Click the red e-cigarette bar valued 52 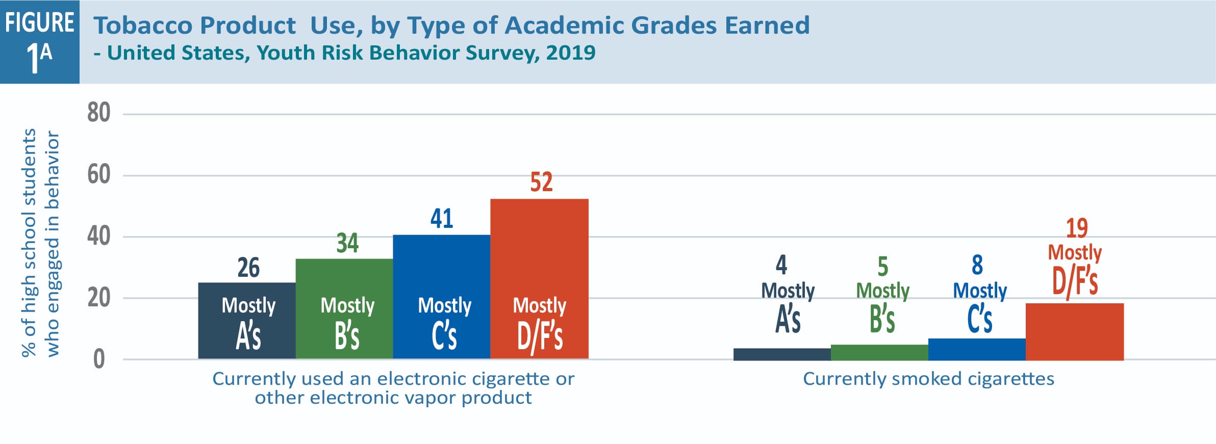[539, 278]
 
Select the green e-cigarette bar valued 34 [344, 308]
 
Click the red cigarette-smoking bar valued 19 [1074, 331]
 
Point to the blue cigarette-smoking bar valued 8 [977, 349]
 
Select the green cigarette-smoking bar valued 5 [879, 352]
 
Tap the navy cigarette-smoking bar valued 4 [782, 354]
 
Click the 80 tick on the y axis [98, 113]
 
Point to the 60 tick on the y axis [98, 174]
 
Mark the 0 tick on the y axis [98, 359]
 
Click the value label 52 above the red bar [541, 182]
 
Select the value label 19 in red [1076, 228]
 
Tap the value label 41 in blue [441, 219]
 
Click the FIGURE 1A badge [40, 42]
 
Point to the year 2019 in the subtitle [570, 53]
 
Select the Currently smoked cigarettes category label [928, 379]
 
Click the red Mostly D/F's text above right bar [1075, 270]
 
